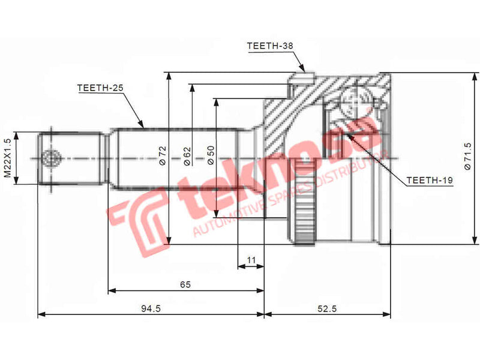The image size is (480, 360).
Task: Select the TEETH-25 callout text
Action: (x=100, y=88)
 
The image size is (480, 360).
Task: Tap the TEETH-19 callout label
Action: (x=429, y=179)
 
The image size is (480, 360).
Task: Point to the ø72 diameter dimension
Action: (x=162, y=157)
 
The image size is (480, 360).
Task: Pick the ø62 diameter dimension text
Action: (x=186, y=157)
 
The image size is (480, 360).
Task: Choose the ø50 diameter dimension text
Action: (x=210, y=157)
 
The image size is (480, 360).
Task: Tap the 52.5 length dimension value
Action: (x=327, y=308)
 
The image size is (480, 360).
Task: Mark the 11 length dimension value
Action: (x=251, y=260)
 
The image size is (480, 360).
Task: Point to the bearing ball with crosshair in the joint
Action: (x=353, y=100)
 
